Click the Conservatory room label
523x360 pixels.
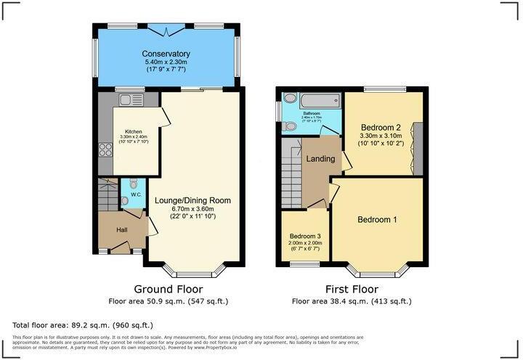coord(166,54)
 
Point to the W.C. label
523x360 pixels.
coord(134,195)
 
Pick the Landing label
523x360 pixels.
coord(321,159)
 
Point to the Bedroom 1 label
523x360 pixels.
coord(377,219)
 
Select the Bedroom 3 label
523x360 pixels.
coord(305,236)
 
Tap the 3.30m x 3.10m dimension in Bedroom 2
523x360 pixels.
coord(381,136)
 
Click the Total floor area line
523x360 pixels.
coord(84,324)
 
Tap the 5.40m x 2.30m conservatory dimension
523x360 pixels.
coord(166,63)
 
